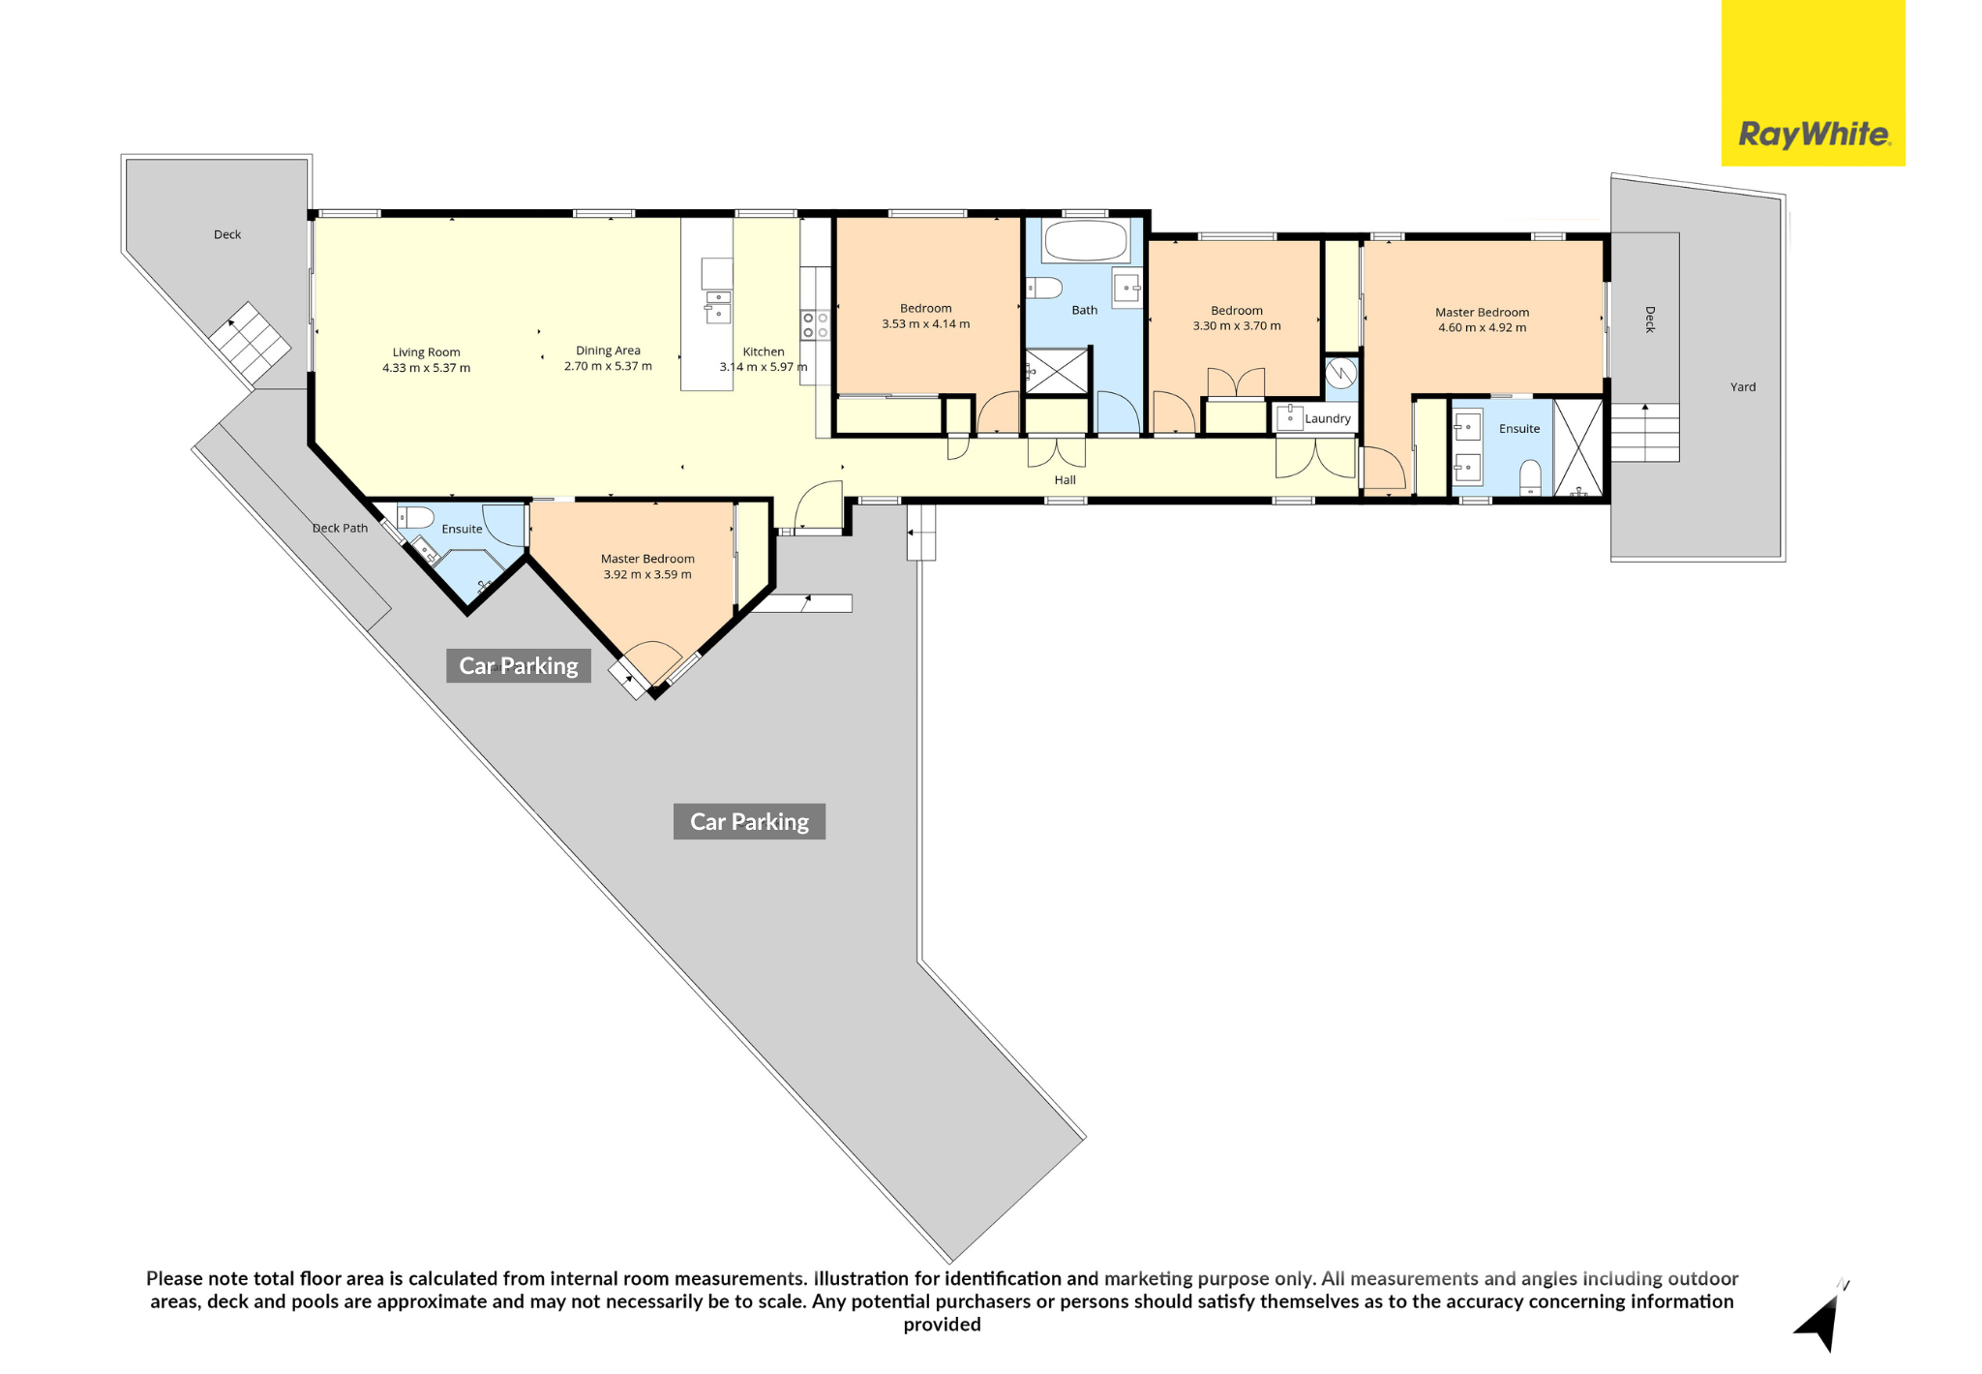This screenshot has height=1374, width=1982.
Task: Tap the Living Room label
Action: point(426,352)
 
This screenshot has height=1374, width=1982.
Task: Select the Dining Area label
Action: point(608,351)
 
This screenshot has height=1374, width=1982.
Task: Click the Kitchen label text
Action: point(764,351)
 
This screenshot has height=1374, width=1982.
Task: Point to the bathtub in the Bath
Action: point(1086,241)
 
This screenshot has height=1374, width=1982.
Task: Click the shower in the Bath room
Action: point(1057,372)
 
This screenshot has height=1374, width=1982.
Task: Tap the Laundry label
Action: point(1327,418)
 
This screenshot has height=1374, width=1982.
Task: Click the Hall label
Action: point(1065,479)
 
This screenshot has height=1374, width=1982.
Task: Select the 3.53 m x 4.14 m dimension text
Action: point(925,324)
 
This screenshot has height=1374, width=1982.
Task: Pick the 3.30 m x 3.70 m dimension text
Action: point(1237,326)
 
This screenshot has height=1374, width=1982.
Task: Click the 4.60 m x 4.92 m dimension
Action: point(1482,327)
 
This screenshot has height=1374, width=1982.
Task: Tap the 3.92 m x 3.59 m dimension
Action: point(647,574)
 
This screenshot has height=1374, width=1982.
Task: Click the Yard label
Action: point(1743,387)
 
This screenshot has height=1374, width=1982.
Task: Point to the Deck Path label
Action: point(340,528)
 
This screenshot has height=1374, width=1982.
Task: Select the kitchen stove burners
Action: point(815,325)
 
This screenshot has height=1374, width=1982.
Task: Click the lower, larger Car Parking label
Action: point(749,821)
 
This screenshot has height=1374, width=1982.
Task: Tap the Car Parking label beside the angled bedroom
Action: point(518,665)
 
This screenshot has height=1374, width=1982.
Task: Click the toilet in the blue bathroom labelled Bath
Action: point(1044,288)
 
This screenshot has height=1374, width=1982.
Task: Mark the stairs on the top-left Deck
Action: point(250,343)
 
